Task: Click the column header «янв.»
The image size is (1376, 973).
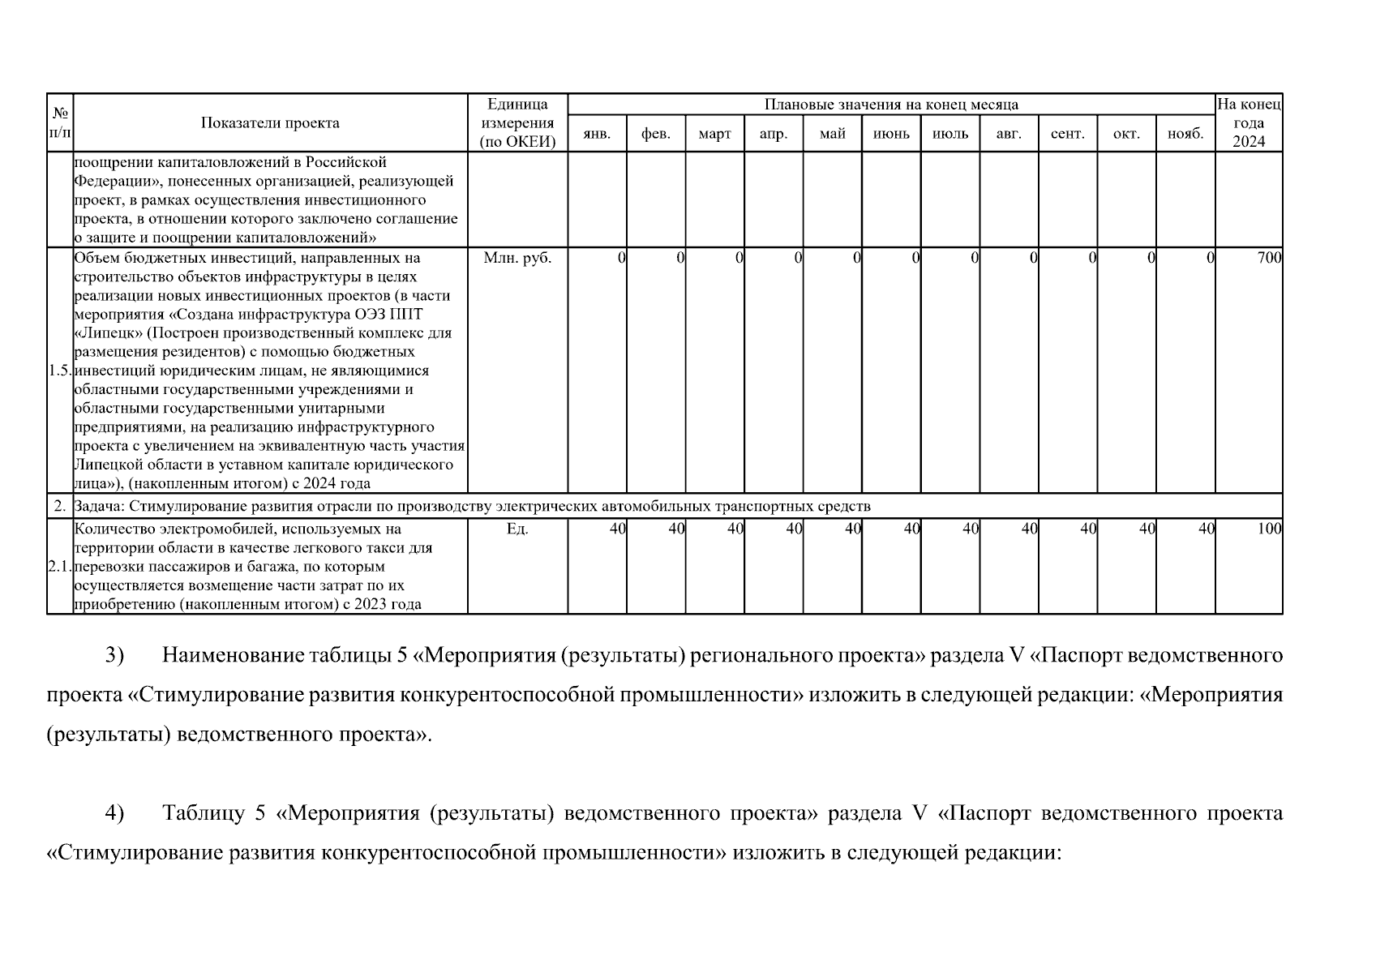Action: point(597,135)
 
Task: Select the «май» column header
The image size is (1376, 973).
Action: point(832,135)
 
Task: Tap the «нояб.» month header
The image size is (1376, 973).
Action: point(1185,135)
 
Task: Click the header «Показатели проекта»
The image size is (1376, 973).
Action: point(270,123)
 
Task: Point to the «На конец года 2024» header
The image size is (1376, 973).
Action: point(1249,122)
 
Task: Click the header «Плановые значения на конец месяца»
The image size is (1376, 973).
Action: point(891,105)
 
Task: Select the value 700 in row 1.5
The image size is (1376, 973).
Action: point(1269,258)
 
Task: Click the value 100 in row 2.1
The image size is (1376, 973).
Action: point(1269,529)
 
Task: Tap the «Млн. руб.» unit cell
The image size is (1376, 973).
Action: point(517,258)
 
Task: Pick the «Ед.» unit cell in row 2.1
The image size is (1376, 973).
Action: point(517,529)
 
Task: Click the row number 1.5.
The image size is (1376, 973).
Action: point(60,371)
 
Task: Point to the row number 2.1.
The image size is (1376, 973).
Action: point(60,566)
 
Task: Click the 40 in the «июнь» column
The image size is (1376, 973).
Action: point(911,529)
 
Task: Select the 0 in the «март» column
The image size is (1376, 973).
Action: point(739,258)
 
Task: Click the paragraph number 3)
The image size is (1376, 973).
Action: point(114,655)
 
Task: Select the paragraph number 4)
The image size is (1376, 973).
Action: point(114,813)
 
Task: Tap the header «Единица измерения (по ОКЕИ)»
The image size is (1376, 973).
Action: point(517,122)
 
